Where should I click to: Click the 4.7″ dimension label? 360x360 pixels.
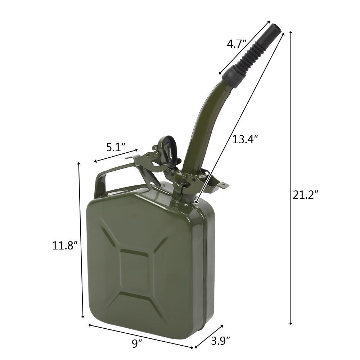point(237,44)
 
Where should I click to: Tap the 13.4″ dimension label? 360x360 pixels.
point(245,139)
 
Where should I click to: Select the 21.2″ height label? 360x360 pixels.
point(305,195)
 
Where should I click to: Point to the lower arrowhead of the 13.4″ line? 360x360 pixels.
point(196,203)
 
